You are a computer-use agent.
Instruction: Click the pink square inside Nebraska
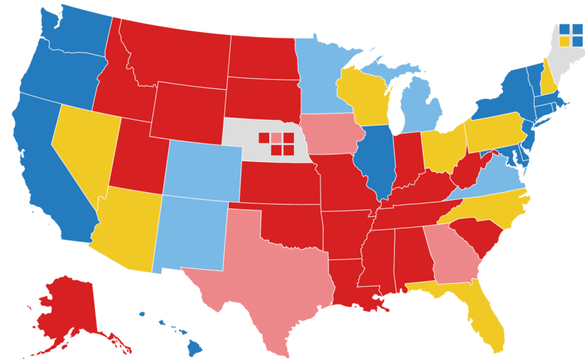(x=276, y=137)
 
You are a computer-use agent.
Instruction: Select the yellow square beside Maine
(x=564, y=41)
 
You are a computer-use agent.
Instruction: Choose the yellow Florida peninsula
(x=482, y=319)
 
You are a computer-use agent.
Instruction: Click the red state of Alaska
(x=66, y=306)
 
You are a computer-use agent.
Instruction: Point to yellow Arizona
(x=126, y=229)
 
